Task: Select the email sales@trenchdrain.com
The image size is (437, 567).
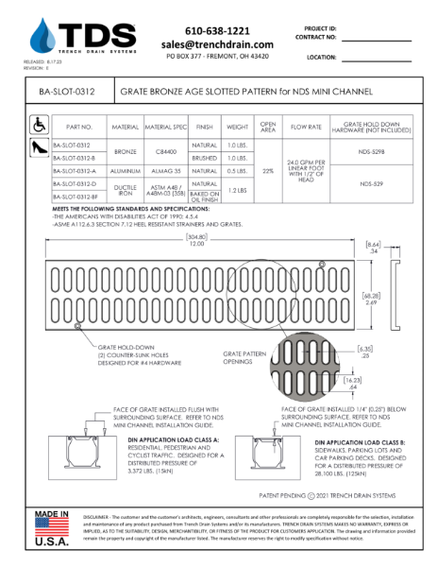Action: (x=217, y=43)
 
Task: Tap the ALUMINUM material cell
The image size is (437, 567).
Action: (x=126, y=170)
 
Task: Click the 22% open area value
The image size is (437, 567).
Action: (x=268, y=170)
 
